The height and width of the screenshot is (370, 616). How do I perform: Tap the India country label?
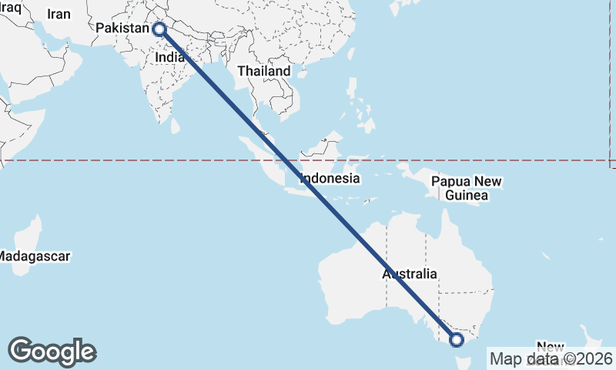169,56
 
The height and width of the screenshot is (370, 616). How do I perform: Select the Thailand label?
264,71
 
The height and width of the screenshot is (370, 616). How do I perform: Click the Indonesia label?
330,178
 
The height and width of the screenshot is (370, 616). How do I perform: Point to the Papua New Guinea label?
467,189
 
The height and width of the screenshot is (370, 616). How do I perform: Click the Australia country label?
410,274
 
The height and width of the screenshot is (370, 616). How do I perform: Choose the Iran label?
59,14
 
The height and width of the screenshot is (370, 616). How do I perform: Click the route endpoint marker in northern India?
159,29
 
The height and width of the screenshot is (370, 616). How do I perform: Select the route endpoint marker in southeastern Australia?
456,339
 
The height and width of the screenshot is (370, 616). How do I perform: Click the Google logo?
52,351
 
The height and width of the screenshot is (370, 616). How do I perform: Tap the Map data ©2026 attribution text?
551,358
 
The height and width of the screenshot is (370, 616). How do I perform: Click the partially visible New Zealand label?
550,347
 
